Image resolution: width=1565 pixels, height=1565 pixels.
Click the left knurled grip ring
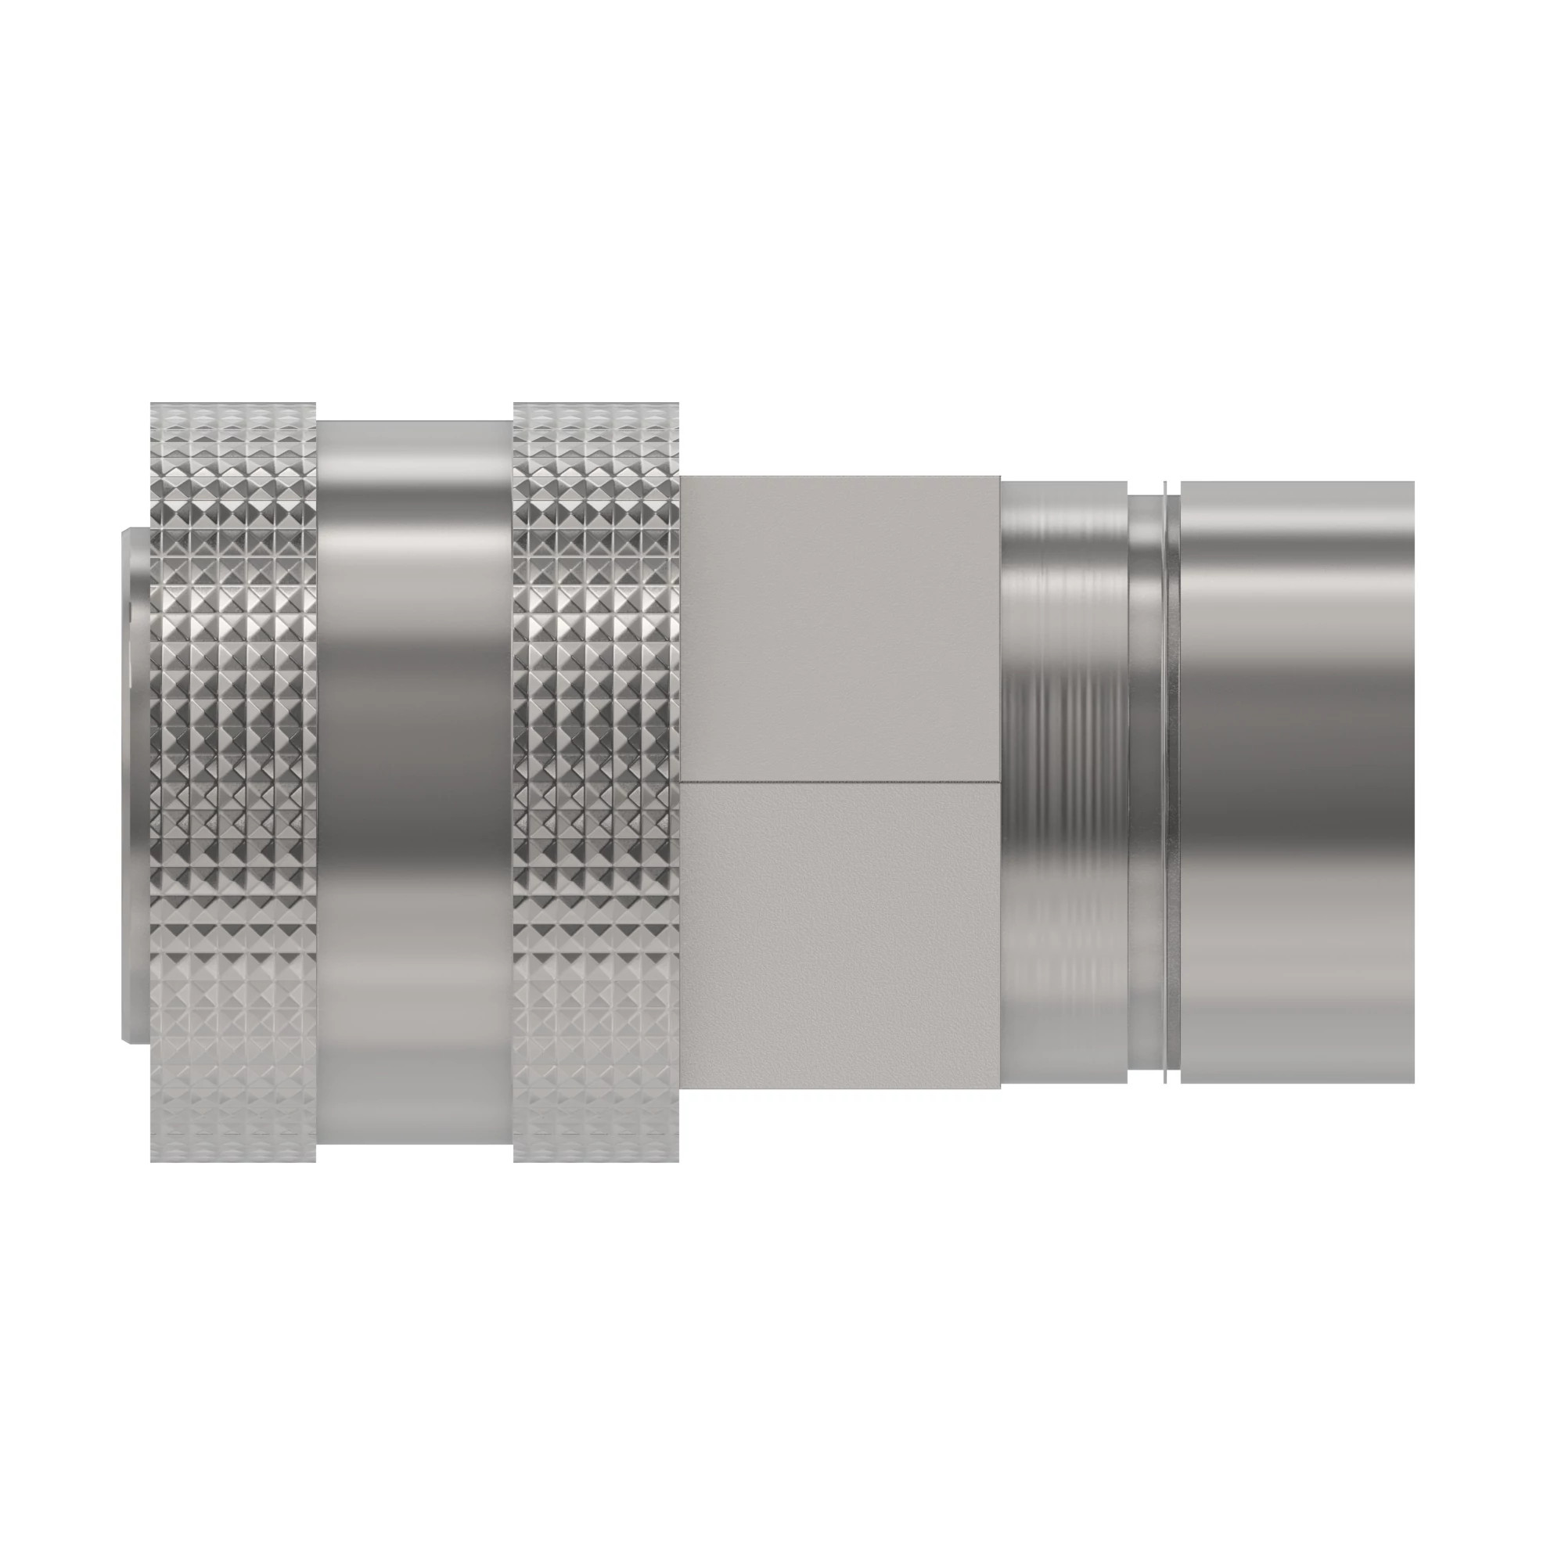pyautogui.click(x=233, y=782)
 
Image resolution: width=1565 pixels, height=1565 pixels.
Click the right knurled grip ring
pyautogui.click(x=596, y=782)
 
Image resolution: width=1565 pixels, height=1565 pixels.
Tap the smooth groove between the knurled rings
pyautogui.click(x=415, y=782)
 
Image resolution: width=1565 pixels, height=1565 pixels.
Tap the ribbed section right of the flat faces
pyautogui.click(x=1063, y=782)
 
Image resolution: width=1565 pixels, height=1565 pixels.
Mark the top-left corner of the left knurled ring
pyautogui.click(x=152, y=404)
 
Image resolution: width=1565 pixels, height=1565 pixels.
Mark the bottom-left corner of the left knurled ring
pyautogui.click(x=152, y=1161)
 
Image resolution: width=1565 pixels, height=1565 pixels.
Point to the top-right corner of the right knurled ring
pyautogui.click(x=678, y=404)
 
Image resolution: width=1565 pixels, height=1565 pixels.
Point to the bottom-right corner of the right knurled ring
pyautogui.click(x=678, y=1161)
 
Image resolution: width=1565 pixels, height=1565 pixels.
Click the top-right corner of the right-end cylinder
pyautogui.click(x=1413, y=483)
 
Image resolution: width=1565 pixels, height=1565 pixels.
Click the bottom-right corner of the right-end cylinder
pyautogui.click(x=1413, y=1082)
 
